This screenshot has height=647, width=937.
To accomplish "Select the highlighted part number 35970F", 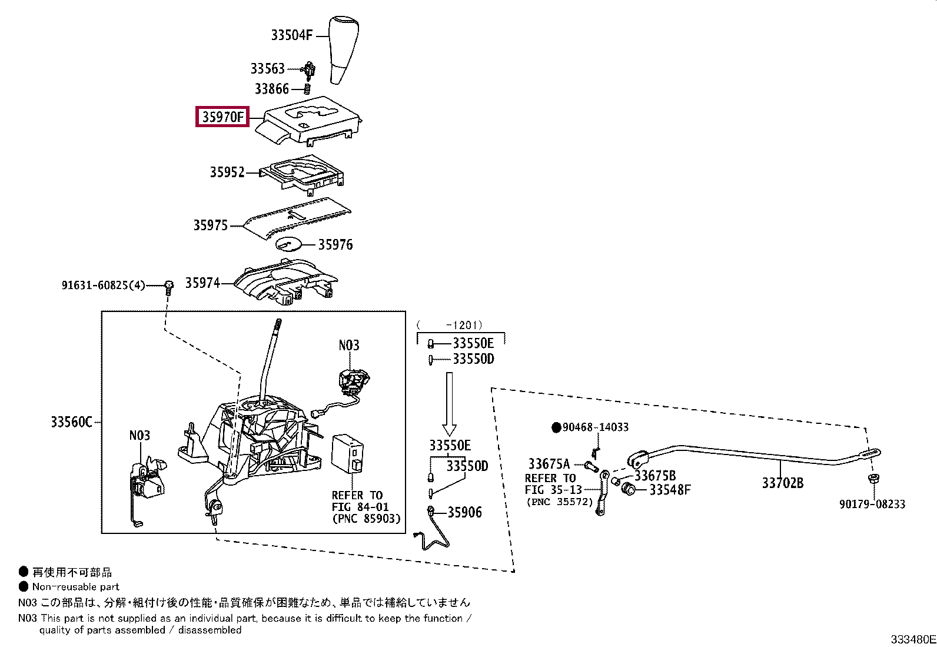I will click(222, 117).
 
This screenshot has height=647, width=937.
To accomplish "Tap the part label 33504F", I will click(291, 35).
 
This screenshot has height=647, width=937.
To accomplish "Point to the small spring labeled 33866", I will click(307, 89).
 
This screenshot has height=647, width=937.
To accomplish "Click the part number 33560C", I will click(71, 422).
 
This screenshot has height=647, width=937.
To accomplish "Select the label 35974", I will click(202, 283).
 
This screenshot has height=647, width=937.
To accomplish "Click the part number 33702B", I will click(782, 483).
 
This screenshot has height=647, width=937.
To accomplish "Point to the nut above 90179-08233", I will click(873, 479).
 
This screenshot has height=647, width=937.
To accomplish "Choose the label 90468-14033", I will click(595, 427).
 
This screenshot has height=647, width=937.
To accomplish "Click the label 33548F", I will click(670, 489).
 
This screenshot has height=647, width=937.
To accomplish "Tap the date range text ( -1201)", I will click(449, 324).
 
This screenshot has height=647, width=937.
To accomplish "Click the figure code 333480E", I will click(912, 639).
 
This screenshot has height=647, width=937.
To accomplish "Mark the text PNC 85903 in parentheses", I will click(366, 519).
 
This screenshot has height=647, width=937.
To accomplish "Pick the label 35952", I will click(227, 172).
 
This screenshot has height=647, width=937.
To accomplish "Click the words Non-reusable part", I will click(76, 586).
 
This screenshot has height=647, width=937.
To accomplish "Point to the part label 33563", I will click(267, 69).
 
